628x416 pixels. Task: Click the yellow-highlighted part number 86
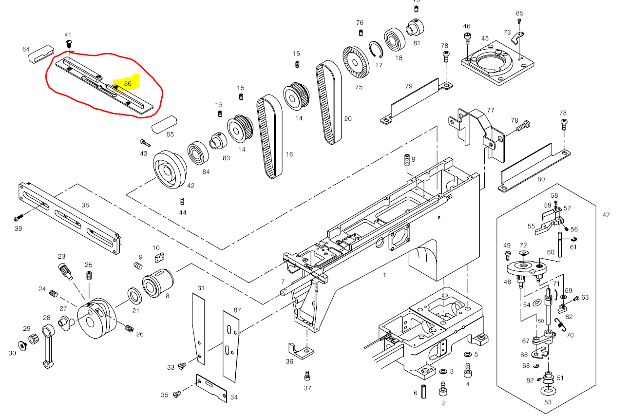coord(127,83)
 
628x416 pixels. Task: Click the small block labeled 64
coord(40,54)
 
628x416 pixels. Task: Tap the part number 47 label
coord(606,215)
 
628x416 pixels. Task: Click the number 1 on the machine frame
coord(384,275)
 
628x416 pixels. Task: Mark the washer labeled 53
coord(549,391)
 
